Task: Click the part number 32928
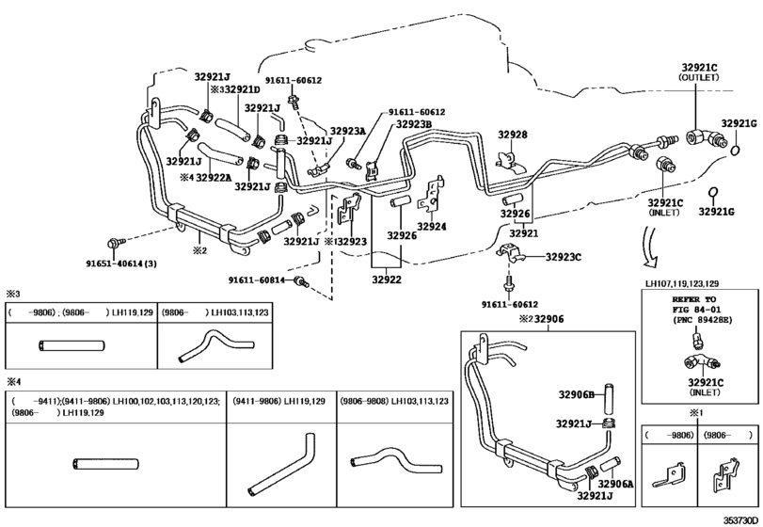(x=512, y=136)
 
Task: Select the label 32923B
(x=413, y=124)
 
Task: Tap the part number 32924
(x=432, y=227)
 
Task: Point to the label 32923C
(x=565, y=256)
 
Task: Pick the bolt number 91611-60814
(x=260, y=280)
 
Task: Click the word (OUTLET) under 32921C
(x=699, y=79)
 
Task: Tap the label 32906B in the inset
(x=575, y=394)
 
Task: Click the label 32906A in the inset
(x=617, y=484)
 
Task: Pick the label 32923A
(x=347, y=132)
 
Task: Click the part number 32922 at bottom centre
(x=387, y=279)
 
